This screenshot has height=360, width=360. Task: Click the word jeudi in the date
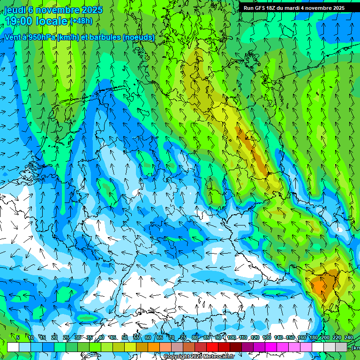[15, 10]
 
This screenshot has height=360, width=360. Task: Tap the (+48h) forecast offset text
[81, 21]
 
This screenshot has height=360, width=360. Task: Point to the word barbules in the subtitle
[104, 37]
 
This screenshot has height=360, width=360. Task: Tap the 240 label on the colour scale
[348, 337]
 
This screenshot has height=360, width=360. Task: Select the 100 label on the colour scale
[232, 337]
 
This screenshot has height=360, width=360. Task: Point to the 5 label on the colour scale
[18, 337]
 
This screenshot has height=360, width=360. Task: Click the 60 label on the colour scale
[148, 337]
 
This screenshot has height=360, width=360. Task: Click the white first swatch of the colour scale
[13, 347]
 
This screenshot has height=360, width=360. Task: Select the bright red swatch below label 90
[212, 347]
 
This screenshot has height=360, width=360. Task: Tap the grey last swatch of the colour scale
[341, 347]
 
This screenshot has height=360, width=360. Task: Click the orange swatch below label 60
[154, 347]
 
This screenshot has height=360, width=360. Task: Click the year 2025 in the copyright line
[196, 356]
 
